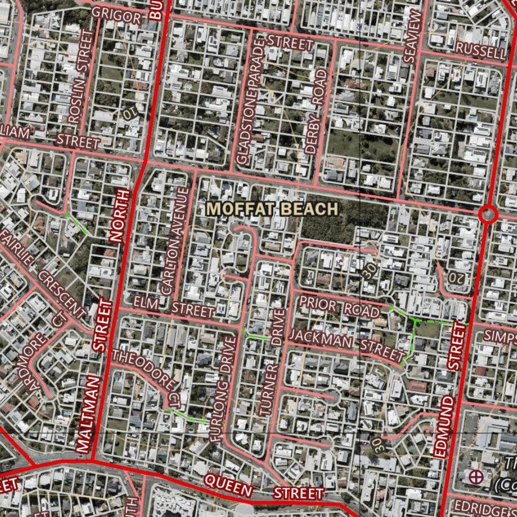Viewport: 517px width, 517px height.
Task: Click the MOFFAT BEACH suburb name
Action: pyautogui.click(x=272, y=209)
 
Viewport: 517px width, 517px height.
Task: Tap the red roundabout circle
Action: pyautogui.click(x=488, y=215)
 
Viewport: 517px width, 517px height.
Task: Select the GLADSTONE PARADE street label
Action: pyautogui.click(x=251, y=101)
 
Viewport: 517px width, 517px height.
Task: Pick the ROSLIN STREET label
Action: pyautogui.click(x=81, y=76)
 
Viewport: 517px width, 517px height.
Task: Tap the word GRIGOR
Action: pyautogui.click(x=117, y=17)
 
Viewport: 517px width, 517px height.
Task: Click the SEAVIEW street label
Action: pyautogui.click(x=411, y=36)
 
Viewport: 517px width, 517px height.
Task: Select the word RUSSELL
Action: pyautogui.click(x=480, y=50)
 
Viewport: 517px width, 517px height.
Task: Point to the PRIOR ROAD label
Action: pyautogui.click(x=339, y=307)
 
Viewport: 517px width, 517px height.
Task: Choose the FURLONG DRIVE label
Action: pyautogui.click(x=222, y=389)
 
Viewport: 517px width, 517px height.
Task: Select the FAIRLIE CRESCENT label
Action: pyautogui.click(x=43, y=275)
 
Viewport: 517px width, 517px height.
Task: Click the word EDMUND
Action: pyautogui.click(x=444, y=427)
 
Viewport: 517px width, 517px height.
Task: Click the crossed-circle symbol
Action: pyautogui.click(x=475, y=476)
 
